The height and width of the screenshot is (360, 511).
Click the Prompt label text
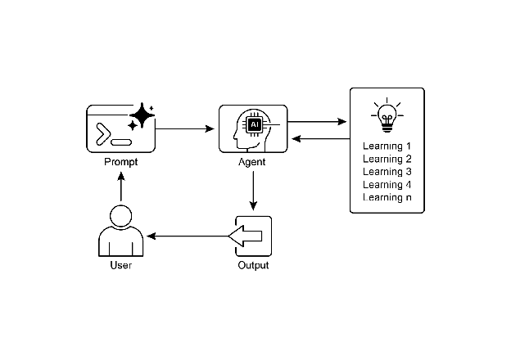[x=120, y=162]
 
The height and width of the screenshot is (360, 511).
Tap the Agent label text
[x=252, y=162]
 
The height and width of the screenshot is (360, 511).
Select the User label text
[x=120, y=266]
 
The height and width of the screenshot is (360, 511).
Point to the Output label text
[x=253, y=266]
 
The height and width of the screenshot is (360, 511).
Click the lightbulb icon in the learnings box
[x=387, y=116]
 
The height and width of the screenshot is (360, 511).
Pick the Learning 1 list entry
[x=387, y=146]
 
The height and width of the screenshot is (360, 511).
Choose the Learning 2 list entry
[x=387, y=159]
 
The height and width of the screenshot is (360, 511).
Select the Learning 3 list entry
[x=387, y=172]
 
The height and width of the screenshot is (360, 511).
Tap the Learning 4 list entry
[x=387, y=184]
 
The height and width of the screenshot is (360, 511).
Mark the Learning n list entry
[x=387, y=197]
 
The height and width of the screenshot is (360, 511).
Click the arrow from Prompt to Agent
[x=184, y=128]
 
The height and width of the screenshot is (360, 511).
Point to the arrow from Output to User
[x=188, y=236]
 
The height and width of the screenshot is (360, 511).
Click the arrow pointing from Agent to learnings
[x=317, y=122]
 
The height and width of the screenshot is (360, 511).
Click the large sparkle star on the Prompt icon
[x=142, y=116]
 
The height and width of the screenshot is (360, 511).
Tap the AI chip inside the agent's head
[x=255, y=124]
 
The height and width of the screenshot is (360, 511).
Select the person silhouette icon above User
[x=120, y=232]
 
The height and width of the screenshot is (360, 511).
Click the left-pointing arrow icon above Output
[x=246, y=236]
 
